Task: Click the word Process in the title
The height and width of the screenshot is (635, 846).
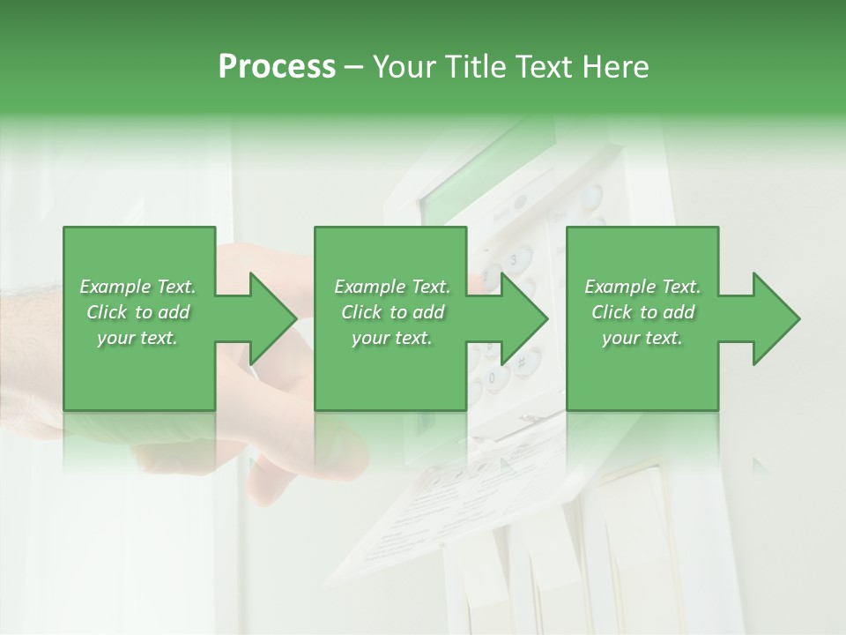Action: click(277, 67)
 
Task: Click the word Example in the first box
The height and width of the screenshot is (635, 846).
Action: click(115, 287)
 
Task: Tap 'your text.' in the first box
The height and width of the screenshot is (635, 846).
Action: click(137, 338)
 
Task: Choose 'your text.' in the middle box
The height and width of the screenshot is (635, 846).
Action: click(392, 338)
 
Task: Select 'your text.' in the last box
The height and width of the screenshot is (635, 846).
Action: click(642, 338)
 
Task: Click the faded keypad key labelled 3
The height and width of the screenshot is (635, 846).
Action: click(514, 260)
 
